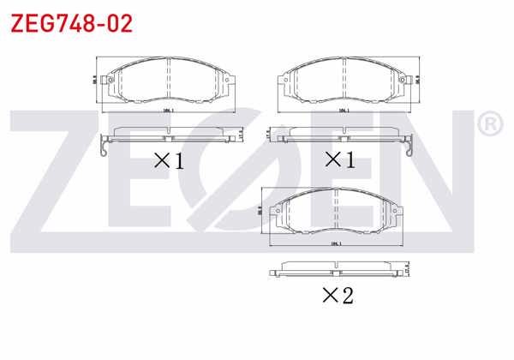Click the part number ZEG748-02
(x=71, y=23)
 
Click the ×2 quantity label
(x=337, y=296)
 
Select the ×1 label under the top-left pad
(x=169, y=159)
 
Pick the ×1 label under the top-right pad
(x=338, y=159)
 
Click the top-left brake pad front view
(x=168, y=81)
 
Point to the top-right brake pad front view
(x=343, y=81)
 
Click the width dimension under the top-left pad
(x=168, y=111)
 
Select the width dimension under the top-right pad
(x=343, y=111)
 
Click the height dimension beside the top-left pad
(x=94, y=79)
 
